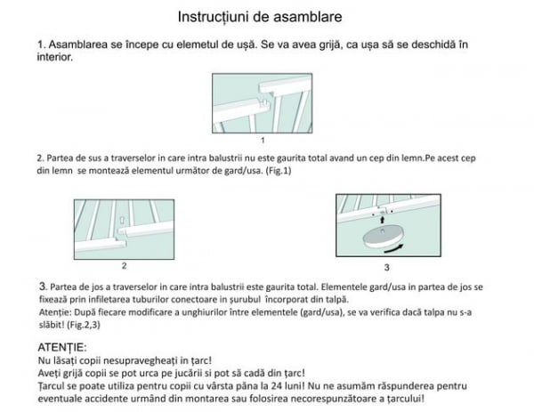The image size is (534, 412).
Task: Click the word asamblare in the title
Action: click(x=311, y=17)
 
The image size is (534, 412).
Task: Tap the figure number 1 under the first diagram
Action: click(x=263, y=141)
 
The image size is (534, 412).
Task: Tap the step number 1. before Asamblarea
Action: click(x=41, y=44)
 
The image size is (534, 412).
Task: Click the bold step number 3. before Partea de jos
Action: click(x=42, y=287)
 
